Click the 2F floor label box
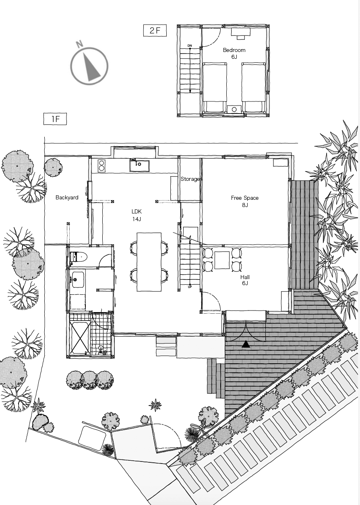[x=155, y=31]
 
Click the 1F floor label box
[x=55, y=119]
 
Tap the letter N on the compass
[x=79, y=44]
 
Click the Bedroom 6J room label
[x=234, y=53]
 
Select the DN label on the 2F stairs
[x=190, y=46]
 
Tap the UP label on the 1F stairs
[x=190, y=287]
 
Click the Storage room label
[x=190, y=179]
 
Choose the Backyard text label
[x=67, y=197]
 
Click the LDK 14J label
[x=137, y=215]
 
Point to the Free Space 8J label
[x=245, y=201]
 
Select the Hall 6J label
[x=245, y=280]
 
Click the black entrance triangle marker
[x=246, y=344]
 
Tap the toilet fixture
[x=78, y=257]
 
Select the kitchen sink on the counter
[x=139, y=166]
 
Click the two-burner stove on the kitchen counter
[x=101, y=166]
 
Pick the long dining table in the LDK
[x=149, y=262]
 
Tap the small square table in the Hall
[x=222, y=261]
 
